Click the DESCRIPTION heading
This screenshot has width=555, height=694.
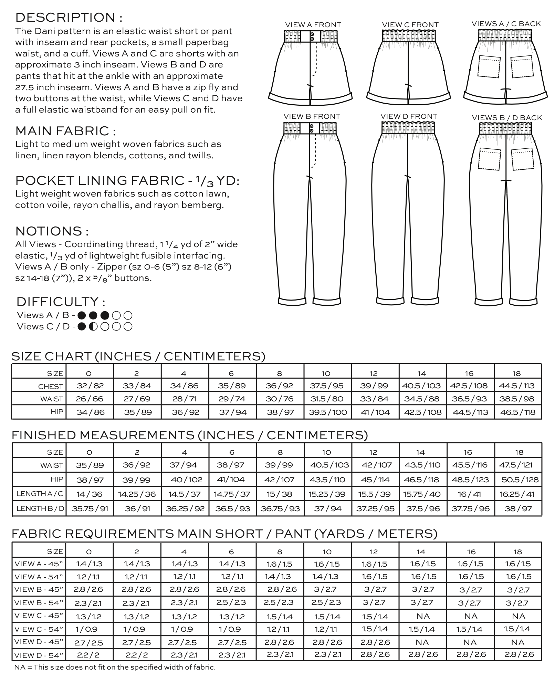(x=69, y=17)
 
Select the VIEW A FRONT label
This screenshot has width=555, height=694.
(x=313, y=25)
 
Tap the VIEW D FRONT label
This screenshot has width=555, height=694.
(x=409, y=116)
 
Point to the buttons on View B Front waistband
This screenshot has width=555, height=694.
(x=312, y=129)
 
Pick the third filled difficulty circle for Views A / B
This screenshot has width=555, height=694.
(x=105, y=315)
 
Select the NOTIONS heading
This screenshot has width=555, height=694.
(x=52, y=231)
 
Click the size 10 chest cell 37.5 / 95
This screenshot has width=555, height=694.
(x=327, y=386)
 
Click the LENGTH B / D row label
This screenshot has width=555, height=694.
(x=40, y=508)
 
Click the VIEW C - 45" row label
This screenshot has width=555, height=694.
(x=39, y=616)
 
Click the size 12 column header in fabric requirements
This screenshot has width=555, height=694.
(x=374, y=552)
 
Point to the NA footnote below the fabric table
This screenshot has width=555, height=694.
(x=115, y=667)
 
